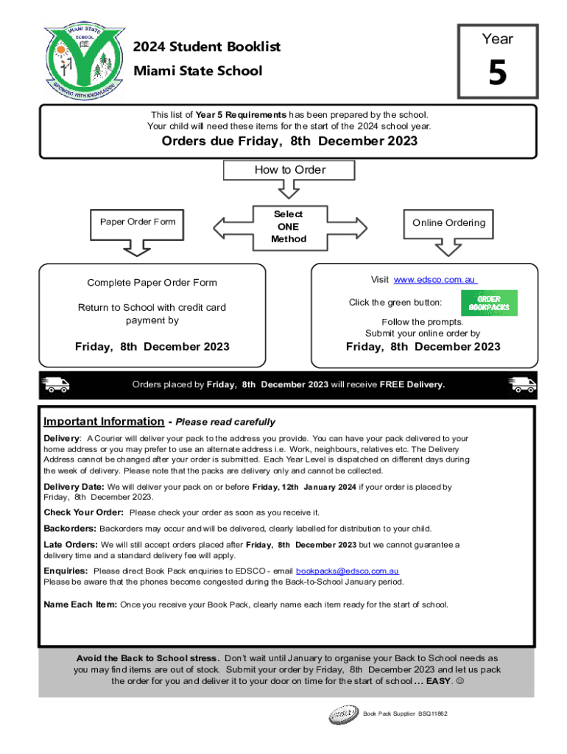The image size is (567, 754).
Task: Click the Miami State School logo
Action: (82, 61)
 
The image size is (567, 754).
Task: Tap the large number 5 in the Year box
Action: (498, 74)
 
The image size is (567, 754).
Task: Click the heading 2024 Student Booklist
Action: (207, 47)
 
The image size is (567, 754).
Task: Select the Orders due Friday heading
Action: (289, 141)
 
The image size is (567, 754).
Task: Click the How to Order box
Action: (289, 170)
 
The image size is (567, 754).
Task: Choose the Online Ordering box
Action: (448, 223)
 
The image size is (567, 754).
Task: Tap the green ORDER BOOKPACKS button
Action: (489, 303)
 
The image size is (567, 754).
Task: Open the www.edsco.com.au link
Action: (435, 280)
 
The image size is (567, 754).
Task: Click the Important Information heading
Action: (104, 422)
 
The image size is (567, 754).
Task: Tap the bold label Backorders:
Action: (70, 529)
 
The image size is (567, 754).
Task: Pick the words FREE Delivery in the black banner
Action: (412, 384)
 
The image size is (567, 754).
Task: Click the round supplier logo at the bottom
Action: (344, 714)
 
